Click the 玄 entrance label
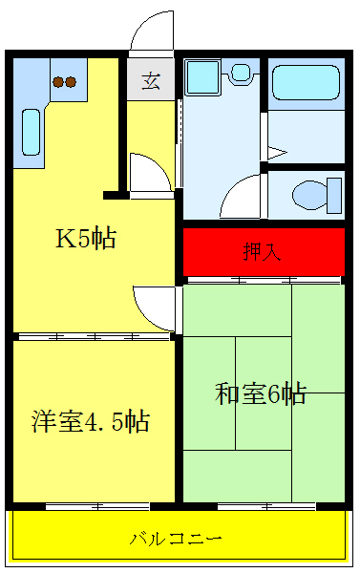point(151,80)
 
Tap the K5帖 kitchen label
point(85,239)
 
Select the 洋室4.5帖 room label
point(92,420)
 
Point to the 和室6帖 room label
point(261,393)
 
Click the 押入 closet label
point(262,252)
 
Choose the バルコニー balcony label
point(177,539)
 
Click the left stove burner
point(57,82)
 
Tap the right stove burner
point(71,82)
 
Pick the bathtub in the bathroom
point(305,82)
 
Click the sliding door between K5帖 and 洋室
point(94,336)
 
